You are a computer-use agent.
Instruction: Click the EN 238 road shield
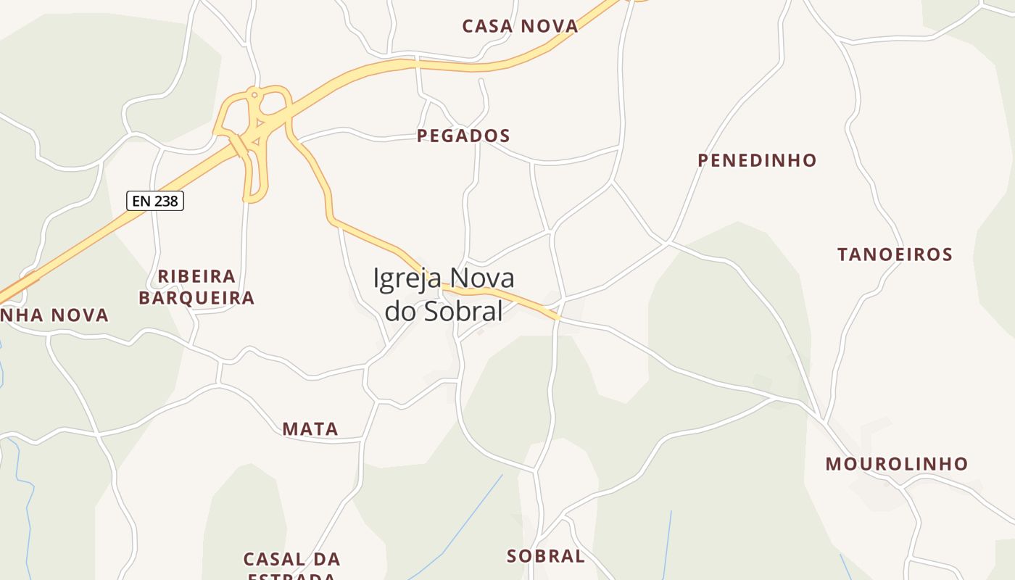click(x=155, y=201)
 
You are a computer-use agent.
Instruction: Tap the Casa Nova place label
click(x=520, y=27)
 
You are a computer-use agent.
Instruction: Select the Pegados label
click(x=463, y=136)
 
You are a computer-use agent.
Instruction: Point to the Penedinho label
click(x=757, y=160)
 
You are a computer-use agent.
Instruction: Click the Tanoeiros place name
click(x=895, y=254)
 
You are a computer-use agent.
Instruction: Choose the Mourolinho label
click(x=897, y=464)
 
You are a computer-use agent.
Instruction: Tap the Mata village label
click(x=310, y=429)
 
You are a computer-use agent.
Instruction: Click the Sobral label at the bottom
click(x=546, y=556)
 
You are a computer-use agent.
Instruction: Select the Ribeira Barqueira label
click(x=196, y=287)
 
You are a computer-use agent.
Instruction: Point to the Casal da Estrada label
click(x=291, y=565)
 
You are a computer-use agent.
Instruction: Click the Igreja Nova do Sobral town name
click(x=444, y=294)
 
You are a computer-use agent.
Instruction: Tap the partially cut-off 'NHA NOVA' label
click(x=54, y=315)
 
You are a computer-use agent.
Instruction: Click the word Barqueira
click(x=196, y=298)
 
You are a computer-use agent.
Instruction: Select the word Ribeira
click(x=196, y=276)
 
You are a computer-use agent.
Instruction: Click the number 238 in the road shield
click(x=166, y=201)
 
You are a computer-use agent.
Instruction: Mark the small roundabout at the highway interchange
click(x=254, y=94)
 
